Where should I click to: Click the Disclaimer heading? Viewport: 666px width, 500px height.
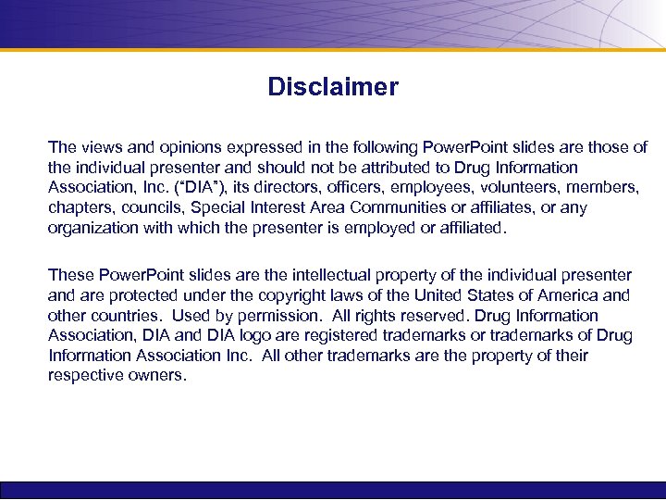pyautogui.click(x=333, y=87)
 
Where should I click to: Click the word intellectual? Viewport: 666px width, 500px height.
pyautogui.click(x=344, y=275)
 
